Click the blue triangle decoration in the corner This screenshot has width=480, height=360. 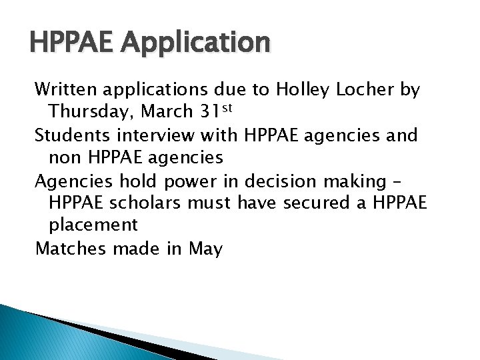tap(40, 337)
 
